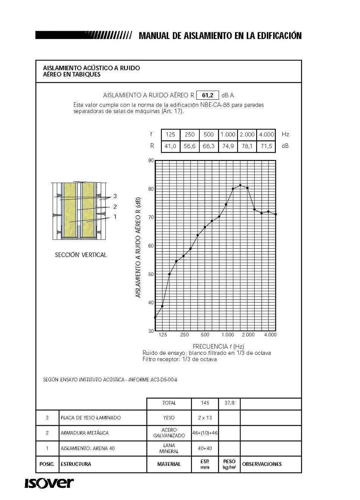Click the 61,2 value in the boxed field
point(208,95)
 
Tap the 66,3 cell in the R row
point(208,146)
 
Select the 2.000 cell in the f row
point(247,134)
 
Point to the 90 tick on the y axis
point(151,161)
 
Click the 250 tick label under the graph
point(185,335)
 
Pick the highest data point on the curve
point(240,185)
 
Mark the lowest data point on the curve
point(155,318)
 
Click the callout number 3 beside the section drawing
point(115,196)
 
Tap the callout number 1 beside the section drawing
point(115,216)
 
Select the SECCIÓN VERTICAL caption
point(81,255)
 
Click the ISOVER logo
point(49,483)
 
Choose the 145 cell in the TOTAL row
point(205,403)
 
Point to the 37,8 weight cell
point(229,403)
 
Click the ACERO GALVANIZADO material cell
point(169,433)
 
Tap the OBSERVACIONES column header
point(262,464)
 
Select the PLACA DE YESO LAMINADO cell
point(91,418)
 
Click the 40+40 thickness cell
point(205,448)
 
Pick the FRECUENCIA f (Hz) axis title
point(218,346)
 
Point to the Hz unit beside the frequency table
point(285,134)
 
